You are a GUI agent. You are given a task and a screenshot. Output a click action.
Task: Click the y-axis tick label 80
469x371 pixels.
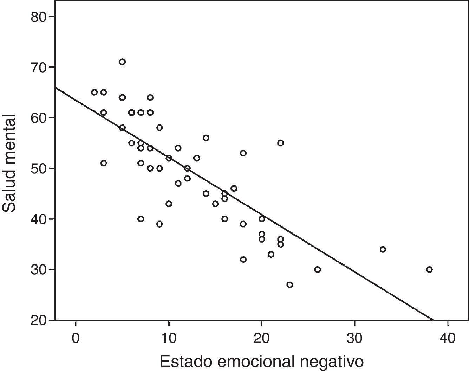click(x=39, y=17)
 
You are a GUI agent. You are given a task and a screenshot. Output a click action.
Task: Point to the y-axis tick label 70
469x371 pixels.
click(x=39, y=67)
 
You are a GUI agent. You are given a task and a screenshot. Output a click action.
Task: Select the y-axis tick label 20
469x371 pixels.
click(x=39, y=320)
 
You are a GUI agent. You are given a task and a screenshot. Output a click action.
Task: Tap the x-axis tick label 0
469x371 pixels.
click(x=76, y=338)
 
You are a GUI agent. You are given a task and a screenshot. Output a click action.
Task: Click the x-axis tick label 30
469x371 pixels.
click(x=354, y=338)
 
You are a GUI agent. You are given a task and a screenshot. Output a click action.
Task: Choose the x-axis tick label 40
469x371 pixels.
click(x=448, y=338)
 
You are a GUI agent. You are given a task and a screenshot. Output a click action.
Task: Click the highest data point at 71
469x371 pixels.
click(x=122, y=62)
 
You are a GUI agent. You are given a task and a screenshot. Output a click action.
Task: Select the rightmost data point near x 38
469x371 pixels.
click(x=429, y=270)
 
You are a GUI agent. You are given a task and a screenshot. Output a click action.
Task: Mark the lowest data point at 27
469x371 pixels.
click(x=289, y=285)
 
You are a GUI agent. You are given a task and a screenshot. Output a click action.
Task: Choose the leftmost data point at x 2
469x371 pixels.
click(x=94, y=92)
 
